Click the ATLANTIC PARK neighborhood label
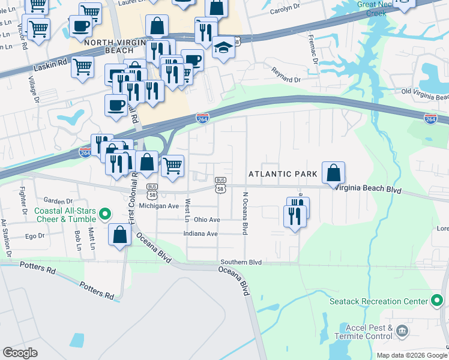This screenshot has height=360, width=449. click(283, 174)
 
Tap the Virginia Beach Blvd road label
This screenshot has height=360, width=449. click(367, 188)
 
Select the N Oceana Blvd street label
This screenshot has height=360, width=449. click(245, 214)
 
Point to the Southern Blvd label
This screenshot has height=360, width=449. click(241, 262)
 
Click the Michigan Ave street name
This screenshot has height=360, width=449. click(159, 206)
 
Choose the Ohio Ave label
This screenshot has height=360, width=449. click(206, 220)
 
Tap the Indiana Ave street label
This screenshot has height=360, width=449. click(200, 233)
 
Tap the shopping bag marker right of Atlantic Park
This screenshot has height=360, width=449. click(333, 173)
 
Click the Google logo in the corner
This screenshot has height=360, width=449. click(20, 353)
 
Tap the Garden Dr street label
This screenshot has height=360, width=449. click(58, 201)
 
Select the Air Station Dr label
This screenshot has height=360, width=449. click(5, 238)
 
